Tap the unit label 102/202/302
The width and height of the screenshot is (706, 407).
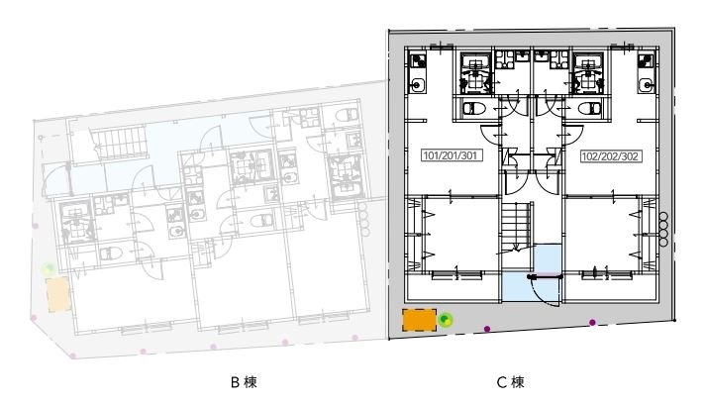point(610,156)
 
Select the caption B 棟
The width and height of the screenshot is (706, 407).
point(244,382)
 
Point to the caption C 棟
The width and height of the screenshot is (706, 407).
point(511,382)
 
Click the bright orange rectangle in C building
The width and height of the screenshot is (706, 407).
point(419,320)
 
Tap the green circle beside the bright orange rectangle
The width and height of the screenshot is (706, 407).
point(446,320)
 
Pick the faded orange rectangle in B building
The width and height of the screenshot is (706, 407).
point(58,294)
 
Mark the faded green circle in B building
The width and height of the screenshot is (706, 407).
point(49,269)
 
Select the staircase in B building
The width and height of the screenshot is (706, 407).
point(119,144)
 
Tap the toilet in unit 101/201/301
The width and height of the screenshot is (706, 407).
point(474,108)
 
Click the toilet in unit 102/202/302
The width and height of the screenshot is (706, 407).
point(589,109)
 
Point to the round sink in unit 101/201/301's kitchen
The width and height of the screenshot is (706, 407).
point(417,84)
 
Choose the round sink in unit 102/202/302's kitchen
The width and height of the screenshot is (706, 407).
point(647,84)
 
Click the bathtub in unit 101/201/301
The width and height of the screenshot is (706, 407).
point(473,73)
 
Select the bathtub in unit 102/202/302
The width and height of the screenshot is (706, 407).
point(587,73)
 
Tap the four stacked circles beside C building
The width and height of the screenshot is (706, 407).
point(663,229)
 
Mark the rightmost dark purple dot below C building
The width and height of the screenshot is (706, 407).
point(592,323)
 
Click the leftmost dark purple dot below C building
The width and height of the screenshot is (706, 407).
point(487,329)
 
